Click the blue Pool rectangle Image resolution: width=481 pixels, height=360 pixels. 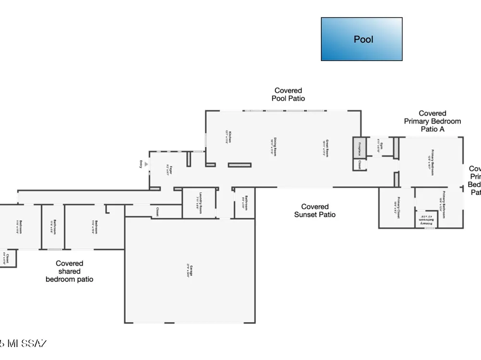pos(362,39)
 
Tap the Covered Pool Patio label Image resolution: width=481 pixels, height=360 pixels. pos(288,94)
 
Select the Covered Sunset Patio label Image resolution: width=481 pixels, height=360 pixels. pos(315,211)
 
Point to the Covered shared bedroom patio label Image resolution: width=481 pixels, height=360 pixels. pos(70,271)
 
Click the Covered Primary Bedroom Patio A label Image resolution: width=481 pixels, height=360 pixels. pos(432,121)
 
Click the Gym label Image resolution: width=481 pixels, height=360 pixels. pos(380,145)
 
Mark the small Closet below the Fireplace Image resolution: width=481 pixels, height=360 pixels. pos(359,165)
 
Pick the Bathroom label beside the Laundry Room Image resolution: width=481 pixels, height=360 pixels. pos(244,203)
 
